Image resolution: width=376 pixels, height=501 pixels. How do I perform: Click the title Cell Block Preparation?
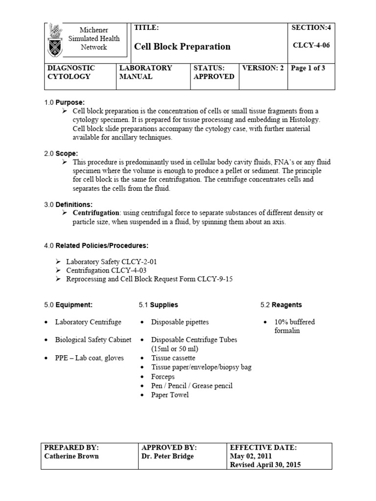pyautogui.click(x=182, y=47)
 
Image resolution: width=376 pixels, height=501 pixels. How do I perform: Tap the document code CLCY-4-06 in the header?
pyautogui.click(x=311, y=47)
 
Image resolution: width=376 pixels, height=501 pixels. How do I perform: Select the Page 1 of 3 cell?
pyautogui.click(x=308, y=68)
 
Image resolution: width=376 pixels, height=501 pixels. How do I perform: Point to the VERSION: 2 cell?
pyautogui.click(x=263, y=68)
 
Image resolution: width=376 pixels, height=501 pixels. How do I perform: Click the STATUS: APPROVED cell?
pyautogui.click(x=213, y=72)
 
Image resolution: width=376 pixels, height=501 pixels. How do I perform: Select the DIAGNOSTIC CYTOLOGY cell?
pyautogui.click(x=70, y=72)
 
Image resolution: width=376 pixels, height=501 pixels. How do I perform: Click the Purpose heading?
pyautogui.click(x=70, y=102)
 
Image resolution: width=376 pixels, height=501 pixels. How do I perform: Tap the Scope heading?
pyautogui.click(x=67, y=153)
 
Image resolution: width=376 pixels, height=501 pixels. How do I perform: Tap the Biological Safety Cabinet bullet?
pyautogui.click(x=93, y=340)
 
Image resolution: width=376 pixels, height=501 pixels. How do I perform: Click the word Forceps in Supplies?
pyautogui.click(x=163, y=377)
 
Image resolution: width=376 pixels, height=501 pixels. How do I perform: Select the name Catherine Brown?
pyautogui.click(x=71, y=456)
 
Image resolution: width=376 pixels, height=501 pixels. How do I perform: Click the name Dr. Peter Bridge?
pyautogui.click(x=167, y=456)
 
